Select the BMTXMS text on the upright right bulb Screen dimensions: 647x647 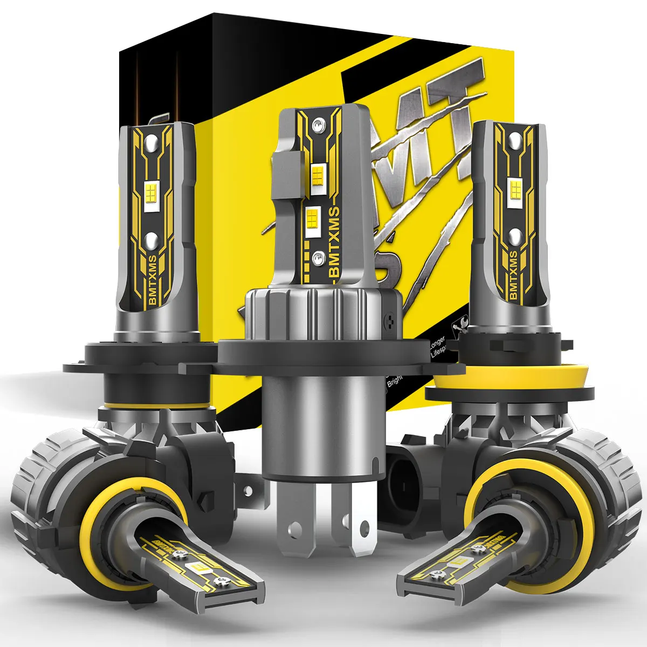[x=512, y=274]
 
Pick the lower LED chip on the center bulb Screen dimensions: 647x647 [x=312, y=218]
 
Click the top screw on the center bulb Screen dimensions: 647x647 [x=319, y=126]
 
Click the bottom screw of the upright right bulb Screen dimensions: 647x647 [x=514, y=235]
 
